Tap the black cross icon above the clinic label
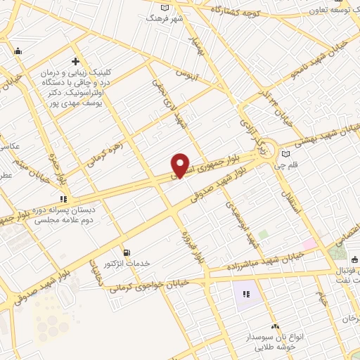point(75,61)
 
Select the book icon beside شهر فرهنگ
point(165,8)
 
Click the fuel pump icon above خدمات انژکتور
point(126,252)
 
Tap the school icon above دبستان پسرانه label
point(64,199)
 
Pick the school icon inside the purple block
point(246,295)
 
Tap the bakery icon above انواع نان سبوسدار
point(275,326)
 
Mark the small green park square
point(263,233)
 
